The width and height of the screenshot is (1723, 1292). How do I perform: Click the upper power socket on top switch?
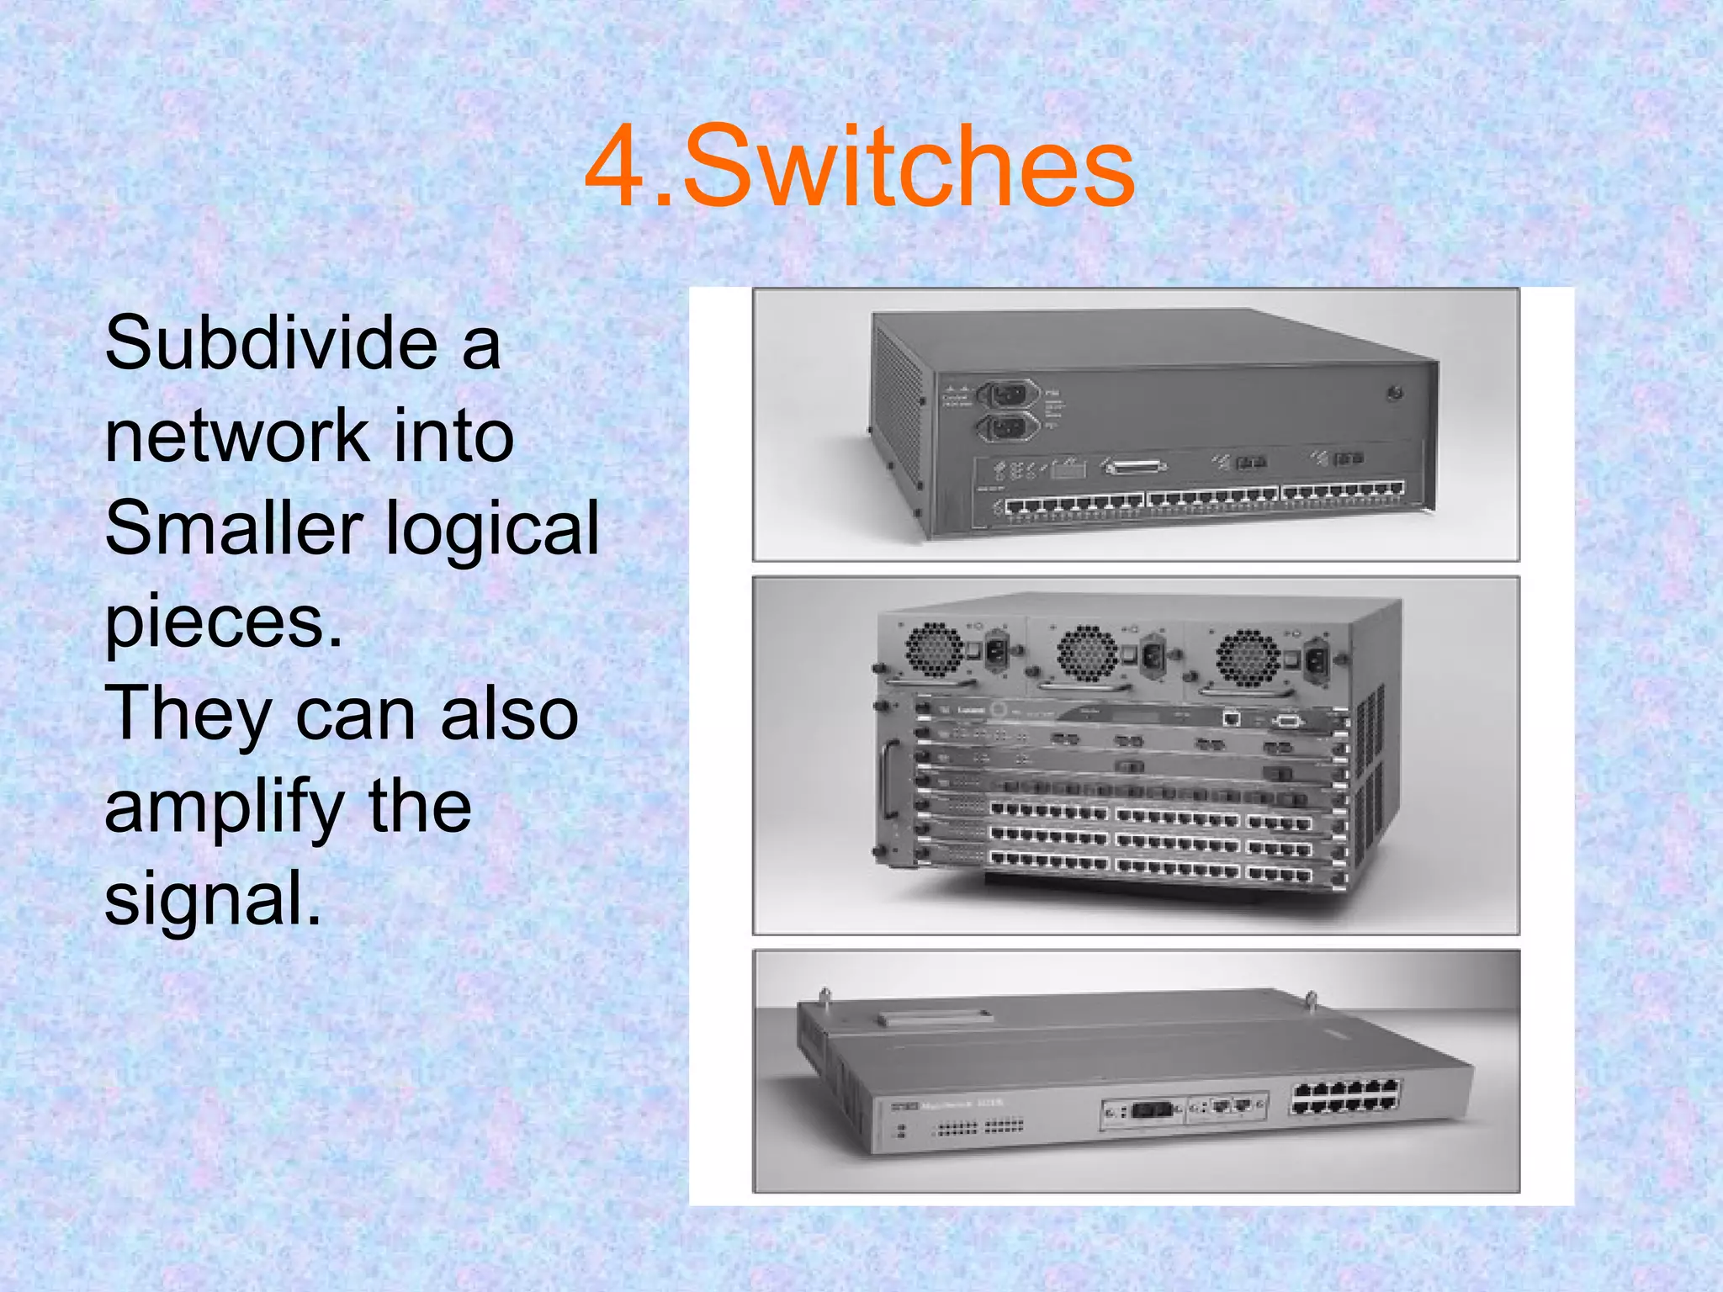(1008, 394)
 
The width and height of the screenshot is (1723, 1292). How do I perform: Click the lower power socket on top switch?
(1007, 428)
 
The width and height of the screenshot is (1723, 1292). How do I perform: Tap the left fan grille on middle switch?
(934, 649)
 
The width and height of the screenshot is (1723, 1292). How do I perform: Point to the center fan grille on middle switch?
(1087, 653)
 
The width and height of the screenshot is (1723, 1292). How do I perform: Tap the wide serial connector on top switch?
(1133, 466)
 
